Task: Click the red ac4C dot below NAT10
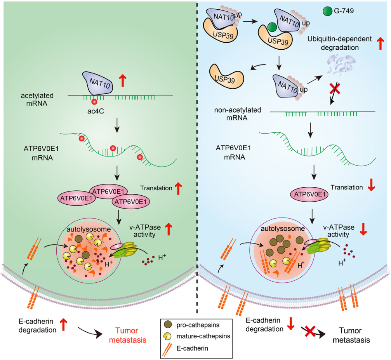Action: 94,102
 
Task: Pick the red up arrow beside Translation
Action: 178,188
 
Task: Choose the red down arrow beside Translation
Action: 370,187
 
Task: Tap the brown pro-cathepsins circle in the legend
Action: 169,323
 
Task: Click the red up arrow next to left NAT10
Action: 123,80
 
